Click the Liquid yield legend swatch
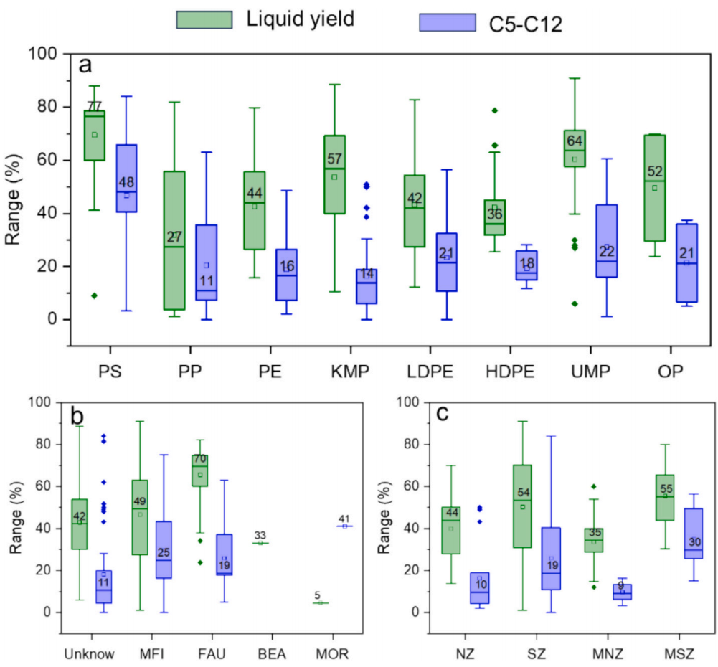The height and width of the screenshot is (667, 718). pyautogui.click(x=204, y=19)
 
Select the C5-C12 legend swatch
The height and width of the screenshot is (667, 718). pyautogui.click(x=446, y=24)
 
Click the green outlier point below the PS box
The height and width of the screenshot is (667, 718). pyautogui.click(x=94, y=295)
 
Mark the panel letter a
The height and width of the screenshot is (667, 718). pyautogui.click(x=85, y=65)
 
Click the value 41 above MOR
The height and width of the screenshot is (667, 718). pyautogui.click(x=344, y=519)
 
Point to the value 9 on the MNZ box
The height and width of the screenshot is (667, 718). pyautogui.click(x=621, y=586)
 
